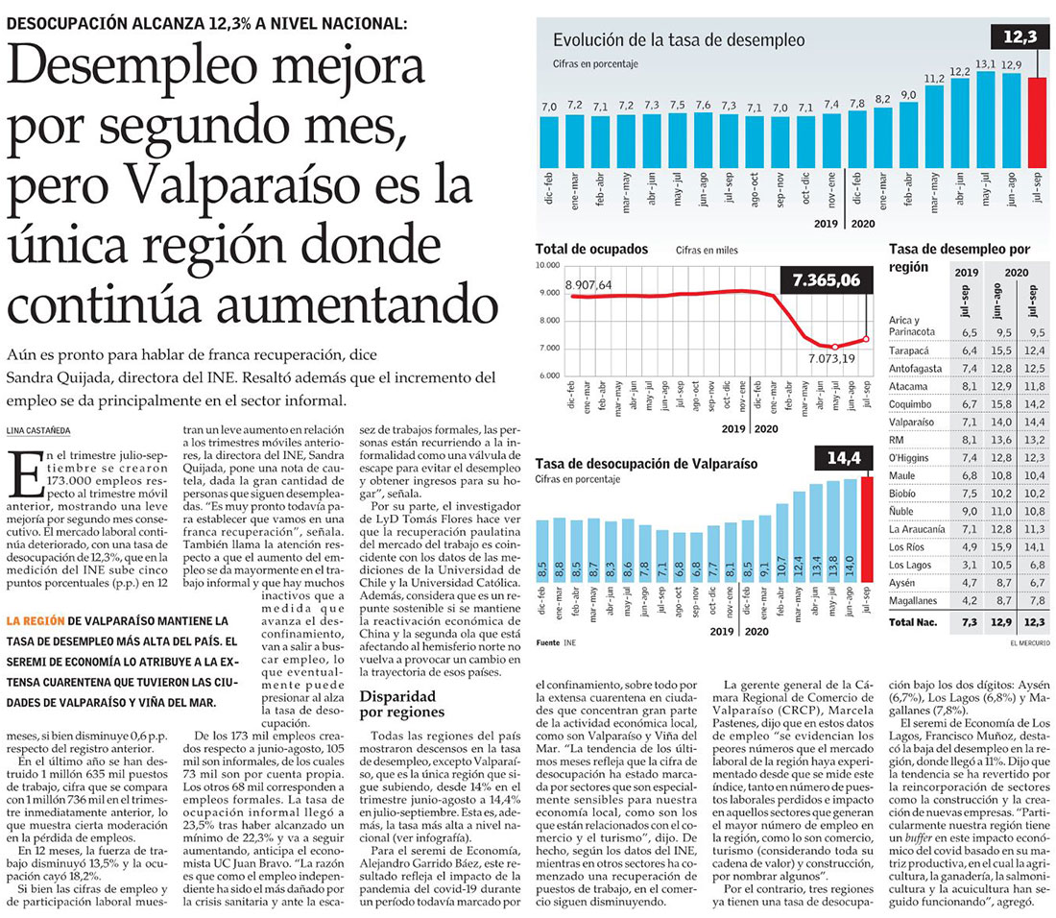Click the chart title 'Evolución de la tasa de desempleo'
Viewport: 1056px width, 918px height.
click(x=678, y=40)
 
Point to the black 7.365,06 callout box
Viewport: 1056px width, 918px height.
click(x=826, y=280)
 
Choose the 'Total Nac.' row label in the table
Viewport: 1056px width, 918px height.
click(x=913, y=623)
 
